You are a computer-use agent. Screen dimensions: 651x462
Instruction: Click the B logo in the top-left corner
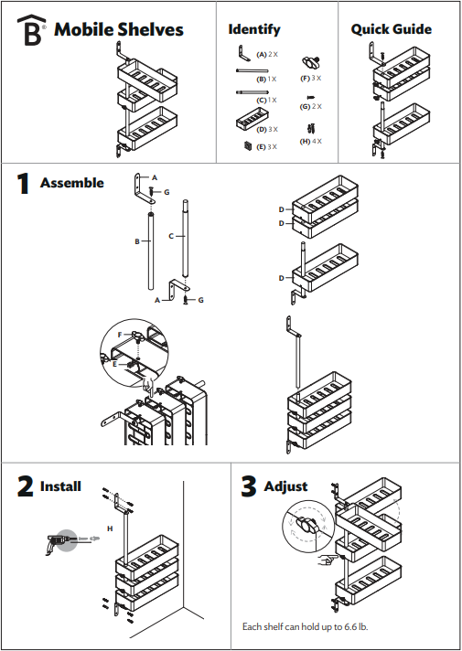[x=32, y=30]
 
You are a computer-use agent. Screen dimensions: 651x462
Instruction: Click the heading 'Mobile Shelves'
[x=119, y=30]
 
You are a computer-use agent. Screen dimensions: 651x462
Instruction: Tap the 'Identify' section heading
[x=254, y=30]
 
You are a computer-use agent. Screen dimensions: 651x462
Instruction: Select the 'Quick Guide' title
[x=392, y=29]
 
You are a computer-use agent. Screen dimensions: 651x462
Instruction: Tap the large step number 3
[x=248, y=486]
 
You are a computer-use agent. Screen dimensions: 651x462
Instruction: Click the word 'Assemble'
[x=72, y=183]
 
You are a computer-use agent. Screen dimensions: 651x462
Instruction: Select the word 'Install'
[x=60, y=486]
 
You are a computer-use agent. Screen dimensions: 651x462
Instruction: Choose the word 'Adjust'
[x=285, y=486]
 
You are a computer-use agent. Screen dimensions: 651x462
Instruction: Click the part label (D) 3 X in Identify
[x=268, y=130]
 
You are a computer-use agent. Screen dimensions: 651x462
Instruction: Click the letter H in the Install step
[x=110, y=528]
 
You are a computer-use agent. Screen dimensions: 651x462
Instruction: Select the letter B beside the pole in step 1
[x=136, y=242]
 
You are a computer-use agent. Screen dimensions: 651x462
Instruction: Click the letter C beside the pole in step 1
[x=171, y=236]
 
